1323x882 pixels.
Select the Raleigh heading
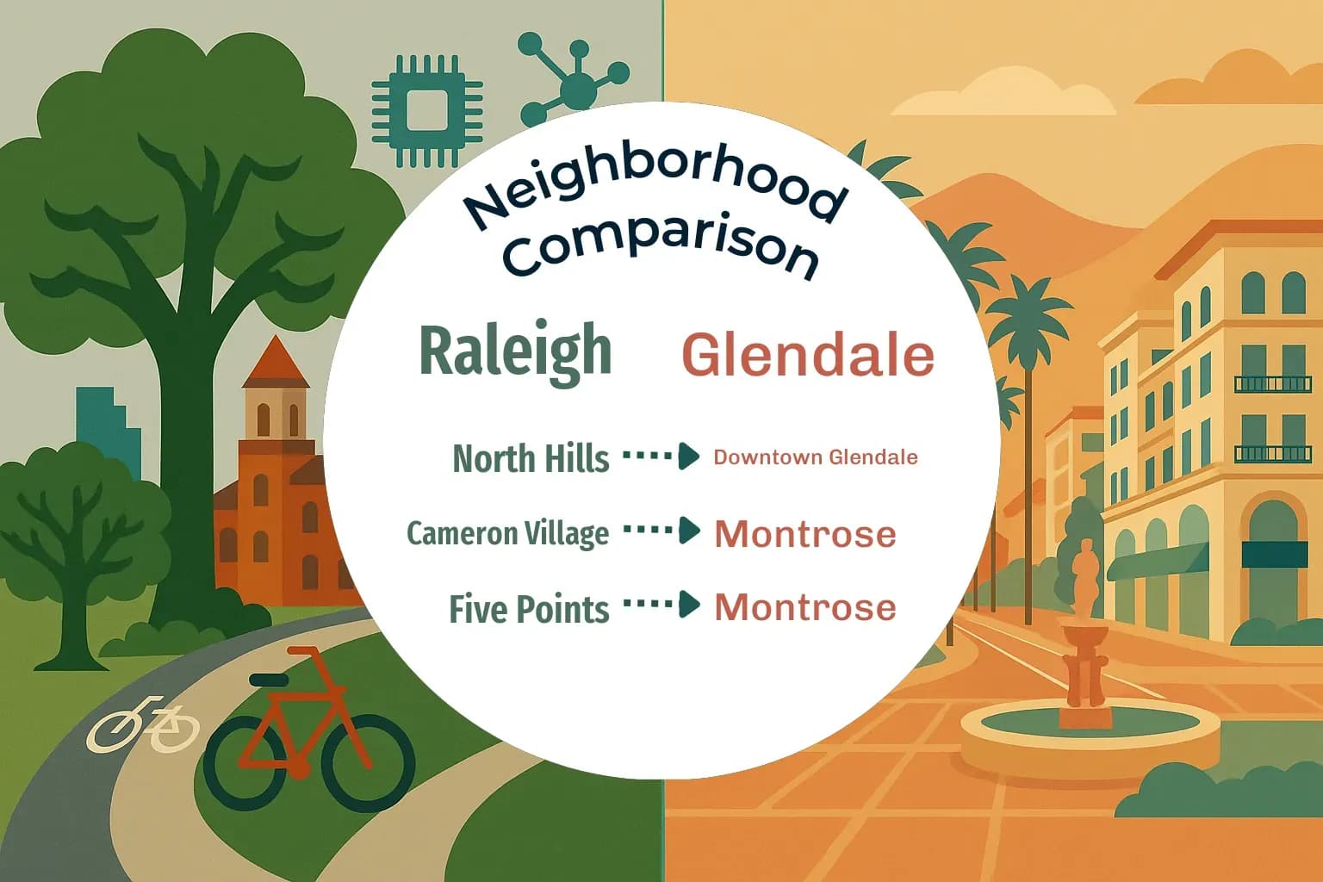[515, 351]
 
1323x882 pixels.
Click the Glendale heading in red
[807, 355]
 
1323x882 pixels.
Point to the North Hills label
[531, 458]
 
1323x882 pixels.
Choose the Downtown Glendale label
[815, 457]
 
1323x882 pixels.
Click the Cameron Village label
[507, 533]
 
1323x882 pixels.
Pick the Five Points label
[529, 609]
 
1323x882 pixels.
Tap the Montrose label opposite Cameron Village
[805, 534]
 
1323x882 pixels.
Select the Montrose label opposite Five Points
[805, 607]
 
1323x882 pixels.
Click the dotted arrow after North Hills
[661, 456]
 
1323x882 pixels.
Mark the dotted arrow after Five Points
[661, 605]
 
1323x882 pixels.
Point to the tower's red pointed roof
[275, 363]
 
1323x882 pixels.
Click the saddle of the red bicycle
[269, 680]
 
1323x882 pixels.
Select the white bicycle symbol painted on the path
[142, 724]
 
